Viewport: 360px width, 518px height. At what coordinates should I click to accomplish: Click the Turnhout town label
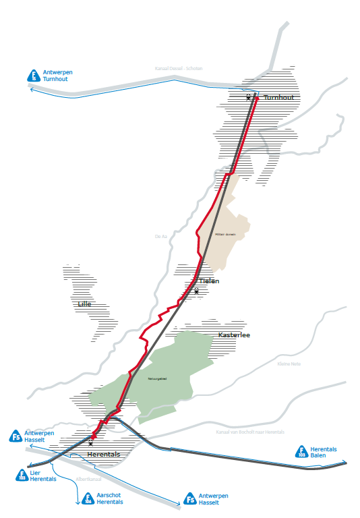point(278,98)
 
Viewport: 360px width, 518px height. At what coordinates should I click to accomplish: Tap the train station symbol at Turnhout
point(248,98)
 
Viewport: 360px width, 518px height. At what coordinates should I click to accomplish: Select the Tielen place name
point(209,281)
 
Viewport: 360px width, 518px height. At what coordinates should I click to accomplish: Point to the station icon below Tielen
point(196,291)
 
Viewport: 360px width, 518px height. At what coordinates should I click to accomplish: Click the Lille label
point(84,304)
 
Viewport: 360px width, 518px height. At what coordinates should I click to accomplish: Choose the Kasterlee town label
point(235,335)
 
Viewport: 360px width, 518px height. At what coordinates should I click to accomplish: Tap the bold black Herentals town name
point(104,455)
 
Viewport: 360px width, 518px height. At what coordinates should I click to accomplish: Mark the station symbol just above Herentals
point(90,443)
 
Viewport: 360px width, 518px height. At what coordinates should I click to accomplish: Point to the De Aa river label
point(160,236)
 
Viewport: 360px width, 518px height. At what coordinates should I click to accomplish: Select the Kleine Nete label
point(289,364)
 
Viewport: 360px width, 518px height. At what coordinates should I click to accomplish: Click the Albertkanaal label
point(88,479)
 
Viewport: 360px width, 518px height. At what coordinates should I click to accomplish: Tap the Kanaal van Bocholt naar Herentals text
point(249,432)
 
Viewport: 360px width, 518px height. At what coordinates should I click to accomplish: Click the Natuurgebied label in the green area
point(157,379)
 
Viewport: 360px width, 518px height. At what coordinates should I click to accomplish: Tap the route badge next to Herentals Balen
point(302,453)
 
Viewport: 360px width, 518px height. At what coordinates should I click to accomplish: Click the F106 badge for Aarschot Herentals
point(86,499)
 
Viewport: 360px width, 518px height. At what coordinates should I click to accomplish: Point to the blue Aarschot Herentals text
point(110,499)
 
